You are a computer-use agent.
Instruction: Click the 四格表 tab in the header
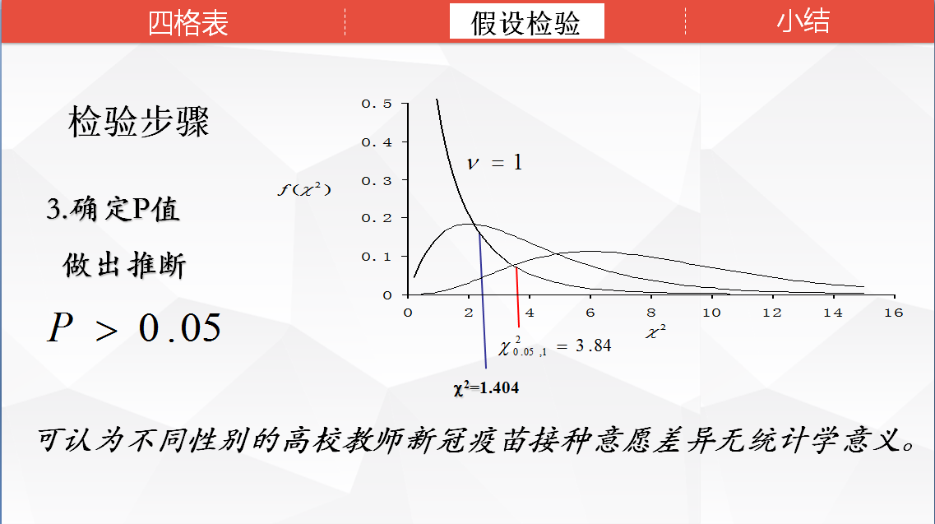tap(188, 23)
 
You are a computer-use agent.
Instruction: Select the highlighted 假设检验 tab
tap(526, 22)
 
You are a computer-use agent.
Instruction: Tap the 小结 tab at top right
tap(803, 21)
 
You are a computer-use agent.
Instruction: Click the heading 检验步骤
tap(139, 121)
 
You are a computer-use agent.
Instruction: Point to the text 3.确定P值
tap(113, 209)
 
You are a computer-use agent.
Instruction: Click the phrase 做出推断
tap(125, 264)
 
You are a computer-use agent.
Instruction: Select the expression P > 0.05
tap(134, 327)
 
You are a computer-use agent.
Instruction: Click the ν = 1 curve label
tap(494, 162)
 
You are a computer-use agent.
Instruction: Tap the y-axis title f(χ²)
tap(304, 189)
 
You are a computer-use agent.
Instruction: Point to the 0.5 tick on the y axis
tap(377, 104)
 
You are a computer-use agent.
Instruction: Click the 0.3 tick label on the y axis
tap(377, 180)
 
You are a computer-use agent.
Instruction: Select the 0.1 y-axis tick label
tap(377, 257)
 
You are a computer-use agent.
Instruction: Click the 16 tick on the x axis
tap(893, 313)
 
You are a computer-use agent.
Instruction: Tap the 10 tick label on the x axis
tap(711, 313)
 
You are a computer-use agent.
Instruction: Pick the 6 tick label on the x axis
tap(590, 313)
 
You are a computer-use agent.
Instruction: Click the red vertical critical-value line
tap(517, 297)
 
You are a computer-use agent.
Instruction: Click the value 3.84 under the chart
tap(594, 345)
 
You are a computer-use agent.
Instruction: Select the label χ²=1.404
tap(486, 388)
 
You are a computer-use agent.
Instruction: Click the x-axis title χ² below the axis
tap(655, 332)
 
